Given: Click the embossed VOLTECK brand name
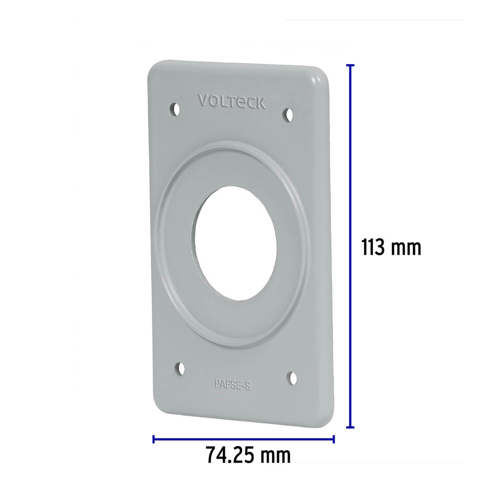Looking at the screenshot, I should click(232, 101).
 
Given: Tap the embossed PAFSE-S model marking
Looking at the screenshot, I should click(233, 384).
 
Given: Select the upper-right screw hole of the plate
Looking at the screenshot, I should click(288, 114).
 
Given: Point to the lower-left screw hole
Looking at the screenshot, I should click(180, 369).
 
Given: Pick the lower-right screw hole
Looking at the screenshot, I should click(293, 378).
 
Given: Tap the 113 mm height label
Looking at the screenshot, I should click(391, 247).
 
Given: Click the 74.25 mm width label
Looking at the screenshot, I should click(248, 455).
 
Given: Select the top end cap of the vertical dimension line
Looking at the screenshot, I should click(350, 65).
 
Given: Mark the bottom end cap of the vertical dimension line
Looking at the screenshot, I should click(350, 427).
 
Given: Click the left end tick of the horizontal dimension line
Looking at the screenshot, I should click(153, 439).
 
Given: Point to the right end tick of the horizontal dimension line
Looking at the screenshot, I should click(334, 439).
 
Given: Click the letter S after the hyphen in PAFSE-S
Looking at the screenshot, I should click(248, 385).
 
